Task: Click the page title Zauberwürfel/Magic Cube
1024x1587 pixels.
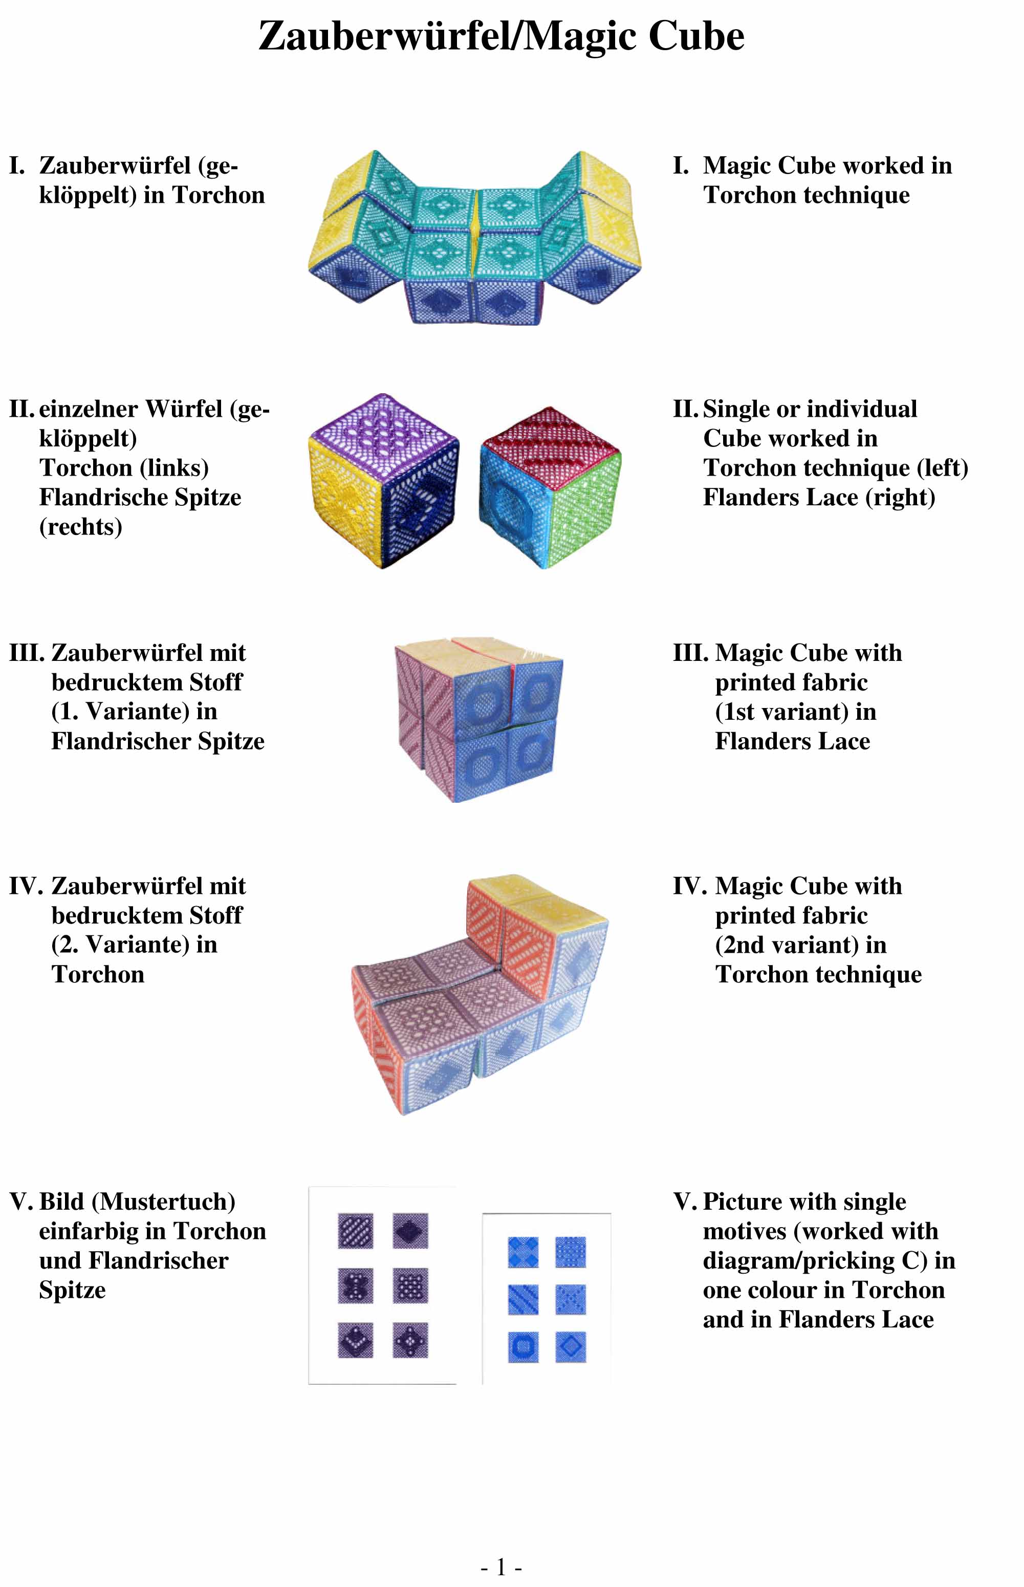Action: click(502, 36)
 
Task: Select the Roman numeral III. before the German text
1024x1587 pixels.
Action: click(27, 653)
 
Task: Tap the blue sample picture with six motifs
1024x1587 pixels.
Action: click(547, 1299)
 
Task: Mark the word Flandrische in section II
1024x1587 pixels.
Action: click(108, 497)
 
